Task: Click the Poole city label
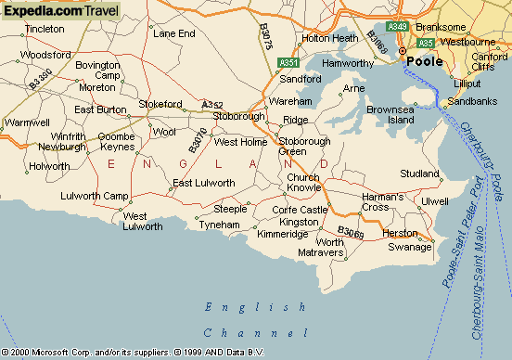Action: coord(425,62)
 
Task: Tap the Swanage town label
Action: coord(410,247)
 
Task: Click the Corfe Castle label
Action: coord(301,210)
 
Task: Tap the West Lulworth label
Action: coord(142,221)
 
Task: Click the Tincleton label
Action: coord(45,29)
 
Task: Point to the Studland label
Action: coord(419,174)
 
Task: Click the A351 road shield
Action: coord(288,63)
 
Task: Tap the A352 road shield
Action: coord(212,105)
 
